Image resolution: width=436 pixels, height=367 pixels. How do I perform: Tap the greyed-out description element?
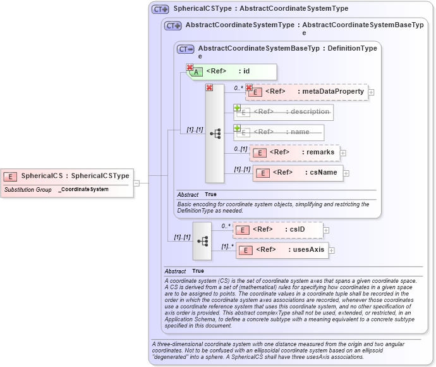click(x=284, y=112)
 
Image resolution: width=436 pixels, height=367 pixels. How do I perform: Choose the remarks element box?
click(x=294, y=152)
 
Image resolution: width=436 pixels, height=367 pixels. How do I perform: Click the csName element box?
click(x=298, y=173)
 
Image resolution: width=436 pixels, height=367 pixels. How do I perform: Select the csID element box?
click(x=278, y=230)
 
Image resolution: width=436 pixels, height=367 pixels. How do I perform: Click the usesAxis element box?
click(x=282, y=250)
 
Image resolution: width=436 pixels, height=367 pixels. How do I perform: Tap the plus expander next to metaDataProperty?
click(x=371, y=92)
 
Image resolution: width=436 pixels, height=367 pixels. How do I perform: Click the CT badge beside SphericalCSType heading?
click(x=160, y=9)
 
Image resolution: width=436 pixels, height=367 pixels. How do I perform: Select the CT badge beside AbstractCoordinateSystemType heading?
click(x=173, y=26)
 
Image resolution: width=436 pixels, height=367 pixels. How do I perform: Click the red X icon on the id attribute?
click(x=190, y=67)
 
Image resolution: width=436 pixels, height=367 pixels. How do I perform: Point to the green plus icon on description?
click(x=238, y=108)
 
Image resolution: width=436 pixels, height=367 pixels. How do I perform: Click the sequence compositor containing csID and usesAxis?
click(x=202, y=240)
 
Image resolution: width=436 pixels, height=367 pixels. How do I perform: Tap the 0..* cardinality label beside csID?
click(x=225, y=225)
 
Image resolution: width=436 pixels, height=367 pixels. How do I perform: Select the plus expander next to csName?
click(x=346, y=173)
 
